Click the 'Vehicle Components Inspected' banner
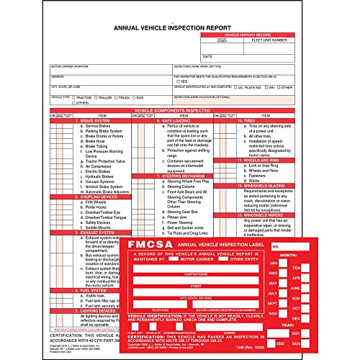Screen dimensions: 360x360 [x=179, y=110]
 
